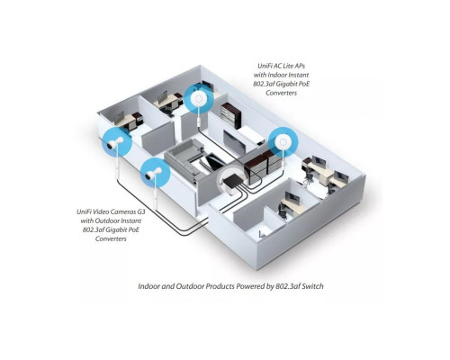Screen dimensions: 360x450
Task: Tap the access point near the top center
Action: tap(198, 95)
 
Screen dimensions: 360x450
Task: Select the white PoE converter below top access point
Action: tap(198, 118)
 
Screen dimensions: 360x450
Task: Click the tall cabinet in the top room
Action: tap(231, 114)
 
